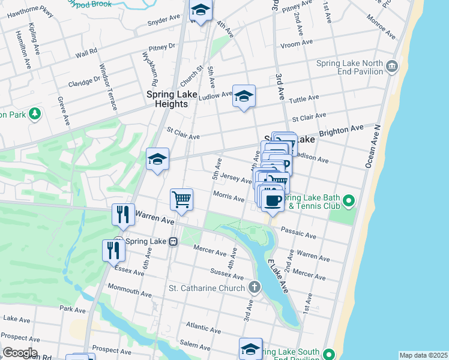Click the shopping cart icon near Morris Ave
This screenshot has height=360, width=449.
pyautogui.click(x=181, y=199)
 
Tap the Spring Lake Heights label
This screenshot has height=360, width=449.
pyautogui.click(x=168, y=99)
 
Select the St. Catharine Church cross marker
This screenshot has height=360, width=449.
pyautogui.click(x=255, y=287)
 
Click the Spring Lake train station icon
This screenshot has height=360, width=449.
pyautogui.click(x=172, y=241)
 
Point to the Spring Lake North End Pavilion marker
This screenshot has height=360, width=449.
pyautogui.click(x=392, y=65)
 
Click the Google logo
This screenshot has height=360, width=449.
pyautogui.click(x=19, y=353)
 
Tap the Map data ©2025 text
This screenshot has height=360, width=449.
pyautogui.click(x=423, y=355)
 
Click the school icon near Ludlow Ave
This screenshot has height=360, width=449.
pyautogui.click(x=244, y=96)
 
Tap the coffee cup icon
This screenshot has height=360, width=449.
pyautogui.click(x=273, y=200)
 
